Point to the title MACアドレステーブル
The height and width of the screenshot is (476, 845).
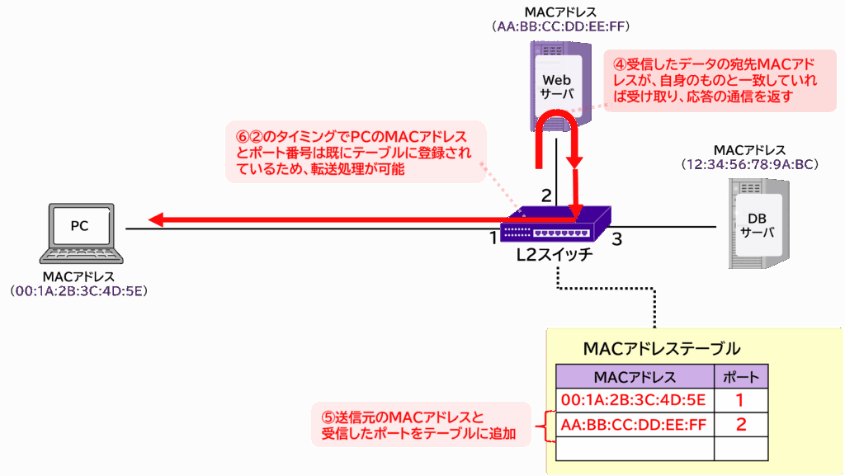click(661, 348)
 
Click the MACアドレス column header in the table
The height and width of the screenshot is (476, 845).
click(635, 377)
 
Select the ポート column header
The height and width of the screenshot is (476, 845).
click(740, 377)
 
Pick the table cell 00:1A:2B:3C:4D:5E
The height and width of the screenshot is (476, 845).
click(635, 401)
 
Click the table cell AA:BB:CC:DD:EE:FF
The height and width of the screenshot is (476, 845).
click(635, 425)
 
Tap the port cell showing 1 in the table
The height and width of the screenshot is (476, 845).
click(740, 401)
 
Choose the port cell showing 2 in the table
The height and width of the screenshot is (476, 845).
click(740, 425)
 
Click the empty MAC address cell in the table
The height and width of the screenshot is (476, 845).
click(635, 448)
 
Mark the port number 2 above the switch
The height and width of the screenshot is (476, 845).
click(545, 196)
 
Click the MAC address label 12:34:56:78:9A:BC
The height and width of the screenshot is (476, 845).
click(749, 164)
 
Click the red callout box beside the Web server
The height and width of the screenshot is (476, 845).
click(720, 80)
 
